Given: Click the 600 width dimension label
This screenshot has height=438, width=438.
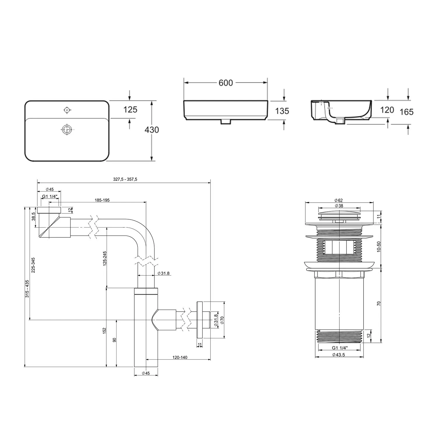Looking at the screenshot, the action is pos(226,83).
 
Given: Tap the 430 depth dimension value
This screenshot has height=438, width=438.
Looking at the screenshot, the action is pos(152,130).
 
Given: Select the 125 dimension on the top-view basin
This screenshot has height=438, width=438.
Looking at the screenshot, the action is pos(130,109).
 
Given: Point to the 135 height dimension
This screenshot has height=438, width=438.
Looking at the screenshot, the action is pos(282,111).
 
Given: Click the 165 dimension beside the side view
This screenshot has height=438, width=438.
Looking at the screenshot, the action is pos(407,112).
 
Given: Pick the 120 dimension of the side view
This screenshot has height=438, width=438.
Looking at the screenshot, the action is pos(387,110).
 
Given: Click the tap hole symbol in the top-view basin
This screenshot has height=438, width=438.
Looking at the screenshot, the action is pos(67,110).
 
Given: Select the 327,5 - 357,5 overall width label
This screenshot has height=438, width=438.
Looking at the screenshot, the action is pos(125,180).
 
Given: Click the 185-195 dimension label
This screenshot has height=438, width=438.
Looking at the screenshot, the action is pos(102,200).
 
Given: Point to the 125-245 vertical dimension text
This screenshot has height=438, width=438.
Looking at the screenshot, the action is pos(105,258).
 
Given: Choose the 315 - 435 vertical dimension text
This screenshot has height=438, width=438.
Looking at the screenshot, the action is pos(27,289).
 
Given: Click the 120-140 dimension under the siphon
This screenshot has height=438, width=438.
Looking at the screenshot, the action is pos(180,357).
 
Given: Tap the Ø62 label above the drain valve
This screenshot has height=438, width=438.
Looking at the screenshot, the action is pos(339,200).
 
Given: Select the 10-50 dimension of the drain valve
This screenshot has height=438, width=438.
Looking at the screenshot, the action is pos(379,247).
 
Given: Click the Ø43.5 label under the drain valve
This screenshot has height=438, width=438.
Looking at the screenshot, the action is pos(339,355).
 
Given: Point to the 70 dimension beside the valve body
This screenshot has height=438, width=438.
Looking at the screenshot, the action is pos(379,303).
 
